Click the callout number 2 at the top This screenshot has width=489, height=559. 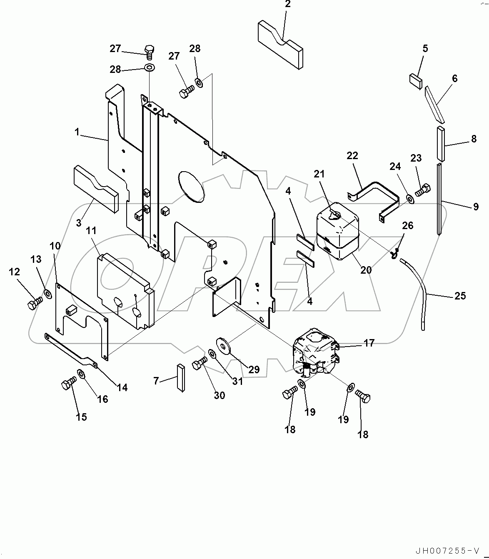click(x=288, y=5)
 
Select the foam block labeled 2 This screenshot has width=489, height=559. click(x=280, y=43)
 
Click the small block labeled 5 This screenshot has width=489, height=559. click(x=415, y=81)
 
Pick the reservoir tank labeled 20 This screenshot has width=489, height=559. click(x=336, y=235)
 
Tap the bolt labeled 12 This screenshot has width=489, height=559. click(x=35, y=303)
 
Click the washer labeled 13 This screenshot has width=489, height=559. click(x=47, y=294)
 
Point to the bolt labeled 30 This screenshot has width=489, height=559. click(x=200, y=364)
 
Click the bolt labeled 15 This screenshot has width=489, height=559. click(x=68, y=383)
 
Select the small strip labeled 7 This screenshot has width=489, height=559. click(x=180, y=377)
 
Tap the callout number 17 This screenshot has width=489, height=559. click(x=369, y=343)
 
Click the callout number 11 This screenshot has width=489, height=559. click(x=91, y=231)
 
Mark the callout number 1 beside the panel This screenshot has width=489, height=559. click(x=77, y=132)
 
